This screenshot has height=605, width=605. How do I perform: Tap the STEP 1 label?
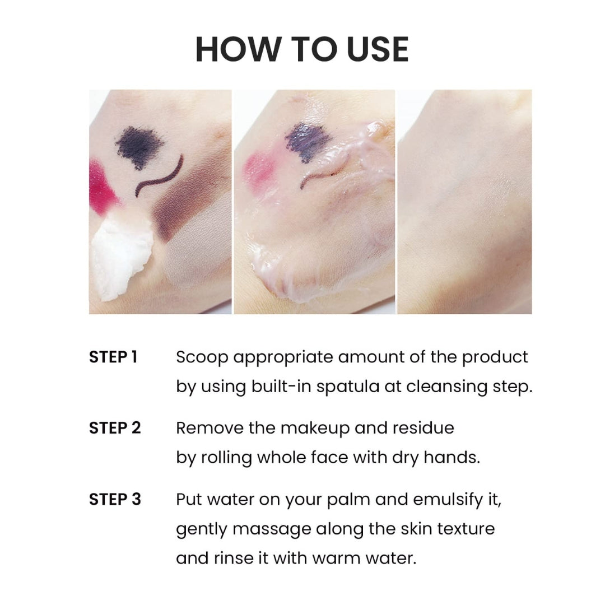point(113,357)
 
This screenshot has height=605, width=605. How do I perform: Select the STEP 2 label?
point(115,428)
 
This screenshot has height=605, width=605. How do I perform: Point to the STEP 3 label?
point(115,499)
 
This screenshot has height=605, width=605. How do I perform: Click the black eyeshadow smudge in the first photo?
point(139,147)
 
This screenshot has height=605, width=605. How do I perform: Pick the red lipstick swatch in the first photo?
point(103,185)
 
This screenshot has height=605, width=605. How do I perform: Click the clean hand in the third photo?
point(464,202)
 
